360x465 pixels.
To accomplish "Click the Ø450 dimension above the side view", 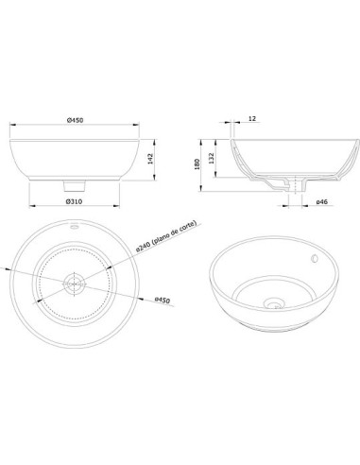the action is (75, 120).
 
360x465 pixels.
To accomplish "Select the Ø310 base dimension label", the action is (75, 201).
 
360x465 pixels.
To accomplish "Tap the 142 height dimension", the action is (150, 159).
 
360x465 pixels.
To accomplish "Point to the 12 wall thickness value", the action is (252, 118).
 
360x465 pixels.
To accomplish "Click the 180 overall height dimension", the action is (197, 164).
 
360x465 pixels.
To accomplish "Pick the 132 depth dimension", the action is (212, 158).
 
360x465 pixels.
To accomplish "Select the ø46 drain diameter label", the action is (322, 201).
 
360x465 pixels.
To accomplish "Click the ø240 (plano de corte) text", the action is (166, 235).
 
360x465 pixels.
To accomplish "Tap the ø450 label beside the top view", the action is (163, 301).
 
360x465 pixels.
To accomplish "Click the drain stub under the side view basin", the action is (75, 185).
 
